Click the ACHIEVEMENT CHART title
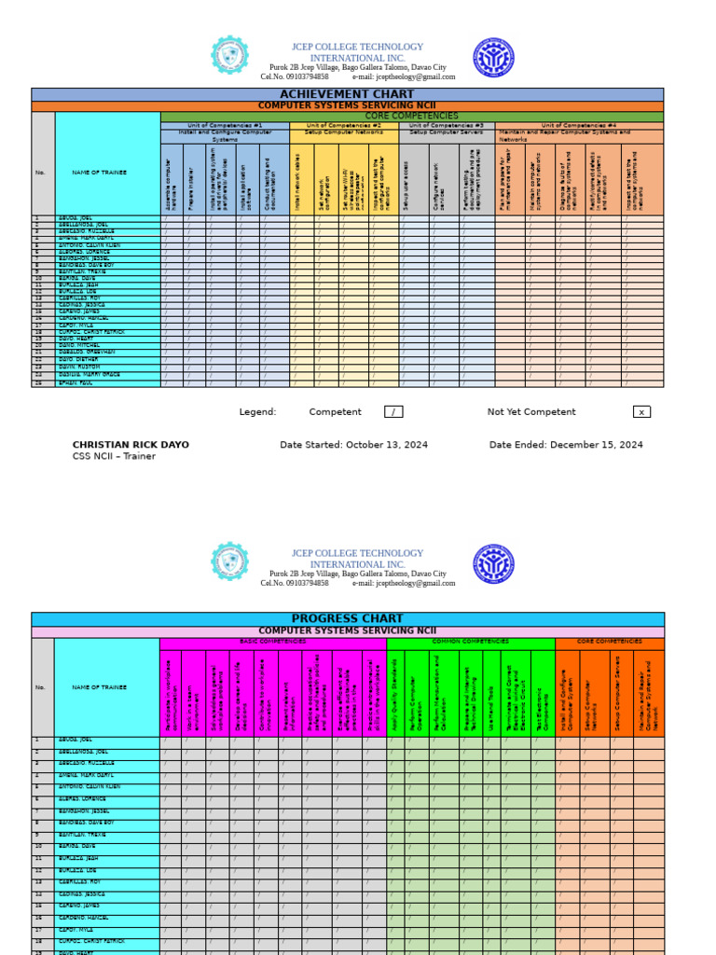click(x=347, y=94)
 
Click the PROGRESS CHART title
click(x=347, y=618)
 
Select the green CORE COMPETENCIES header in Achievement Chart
click(x=411, y=116)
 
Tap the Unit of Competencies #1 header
click(x=225, y=125)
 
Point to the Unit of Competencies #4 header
click(x=579, y=125)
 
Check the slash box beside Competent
click(x=393, y=412)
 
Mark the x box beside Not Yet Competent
click(x=641, y=412)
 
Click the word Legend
click(x=257, y=412)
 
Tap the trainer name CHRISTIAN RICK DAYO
click(x=131, y=445)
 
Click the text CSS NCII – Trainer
click(x=114, y=457)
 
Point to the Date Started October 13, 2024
click(x=353, y=445)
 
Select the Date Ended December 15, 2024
click(x=566, y=445)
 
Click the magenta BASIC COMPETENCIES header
click(x=272, y=642)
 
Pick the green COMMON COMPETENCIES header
click(x=470, y=642)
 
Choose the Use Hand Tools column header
click(x=491, y=692)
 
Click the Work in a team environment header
click(x=194, y=692)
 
